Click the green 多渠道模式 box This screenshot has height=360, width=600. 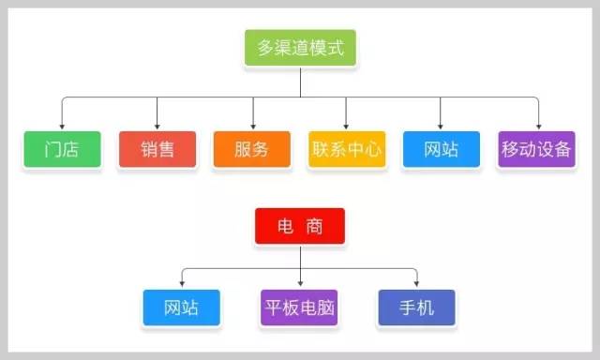[x=300, y=48]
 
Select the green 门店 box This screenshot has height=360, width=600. [x=63, y=149]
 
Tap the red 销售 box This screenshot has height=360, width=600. [x=157, y=149]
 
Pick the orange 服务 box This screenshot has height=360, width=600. [x=252, y=149]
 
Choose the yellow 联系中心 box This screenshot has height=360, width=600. [x=347, y=149]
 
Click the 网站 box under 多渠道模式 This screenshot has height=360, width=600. [x=442, y=149]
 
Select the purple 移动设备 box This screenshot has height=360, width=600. [x=536, y=149]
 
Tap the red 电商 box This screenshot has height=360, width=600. [x=300, y=226]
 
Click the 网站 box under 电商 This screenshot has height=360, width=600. [x=181, y=307]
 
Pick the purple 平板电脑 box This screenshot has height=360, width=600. [x=299, y=307]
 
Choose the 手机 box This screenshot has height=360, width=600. [x=416, y=307]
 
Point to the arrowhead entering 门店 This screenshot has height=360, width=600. [x=62, y=127]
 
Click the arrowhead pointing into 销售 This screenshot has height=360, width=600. [x=157, y=127]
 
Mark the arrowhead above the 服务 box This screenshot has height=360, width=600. [x=253, y=127]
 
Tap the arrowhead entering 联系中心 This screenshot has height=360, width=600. [x=346, y=127]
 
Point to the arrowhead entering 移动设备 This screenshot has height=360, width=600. [x=539, y=127]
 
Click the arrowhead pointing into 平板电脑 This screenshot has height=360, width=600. [x=300, y=284]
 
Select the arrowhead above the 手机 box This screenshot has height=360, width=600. [x=416, y=284]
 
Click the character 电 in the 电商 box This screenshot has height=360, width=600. [x=285, y=227]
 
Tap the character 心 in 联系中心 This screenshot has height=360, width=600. [x=372, y=149]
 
